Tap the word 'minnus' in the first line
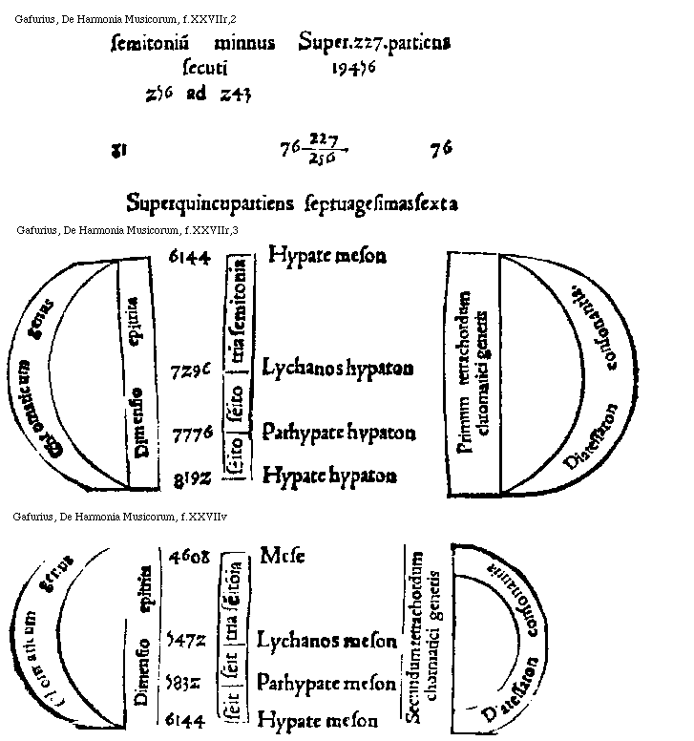pyautogui.click(x=244, y=43)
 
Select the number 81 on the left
pyautogui.click(x=120, y=149)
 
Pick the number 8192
pyautogui.click(x=191, y=476)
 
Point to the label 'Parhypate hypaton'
pyautogui.click(x=339, y=433)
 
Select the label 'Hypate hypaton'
pyautogui.click(x=329, y=474)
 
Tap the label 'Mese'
pyautogui.click(x=282, y=556)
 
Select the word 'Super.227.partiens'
pyautogui.click(x=374, y=43)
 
